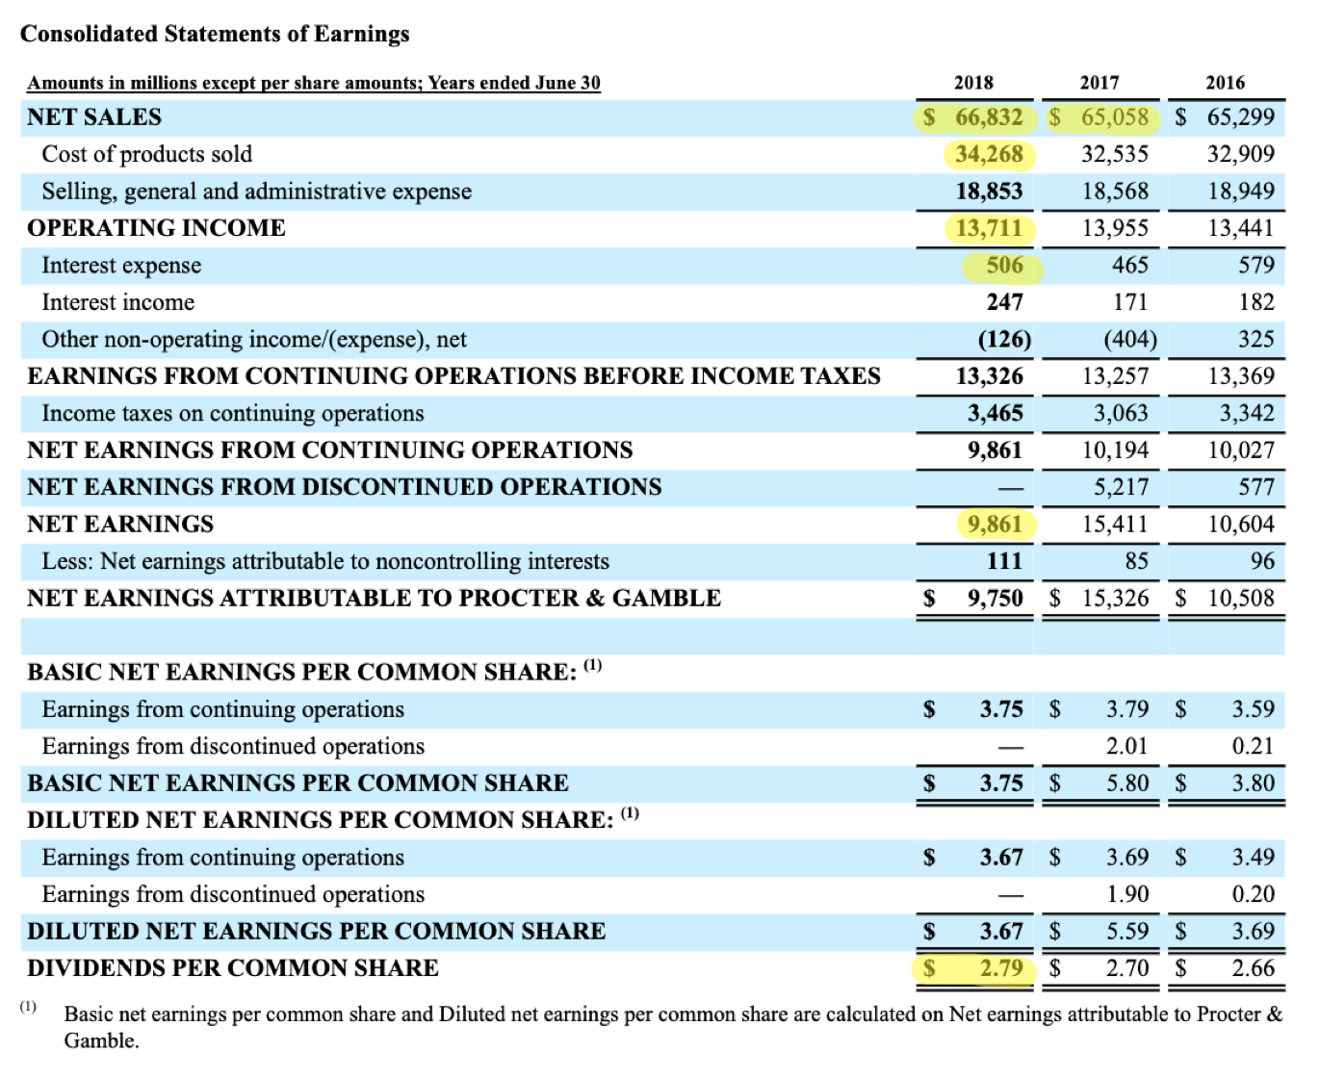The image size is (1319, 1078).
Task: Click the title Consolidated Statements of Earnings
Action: [215, 35]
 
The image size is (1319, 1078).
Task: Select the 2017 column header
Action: [1099, 83]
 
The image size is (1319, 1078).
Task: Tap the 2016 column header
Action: [1225, 83]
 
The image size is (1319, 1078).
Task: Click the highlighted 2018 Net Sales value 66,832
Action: [988, 117]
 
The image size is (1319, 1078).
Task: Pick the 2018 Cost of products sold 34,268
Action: [989, 154]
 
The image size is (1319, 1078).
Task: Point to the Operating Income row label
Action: [156, 228]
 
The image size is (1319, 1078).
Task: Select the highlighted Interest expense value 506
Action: [1004, 266]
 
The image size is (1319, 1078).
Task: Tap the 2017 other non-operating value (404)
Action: [1129, 340]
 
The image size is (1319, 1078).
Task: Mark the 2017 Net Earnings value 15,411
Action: [1115, 525]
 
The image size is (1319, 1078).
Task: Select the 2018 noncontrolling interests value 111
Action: [1004, 561]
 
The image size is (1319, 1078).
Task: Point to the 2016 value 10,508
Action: [1241, 599]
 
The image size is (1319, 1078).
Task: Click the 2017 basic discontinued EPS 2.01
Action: [1127, 747]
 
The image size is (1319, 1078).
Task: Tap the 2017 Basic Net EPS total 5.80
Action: [1127, 783]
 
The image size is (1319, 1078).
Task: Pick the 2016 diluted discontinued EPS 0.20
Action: [1253, 895]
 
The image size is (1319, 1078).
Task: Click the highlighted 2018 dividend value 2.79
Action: [1001, 968]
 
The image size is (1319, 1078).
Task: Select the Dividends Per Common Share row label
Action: [233, 968]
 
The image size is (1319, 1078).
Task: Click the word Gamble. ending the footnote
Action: [101, 1041]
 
